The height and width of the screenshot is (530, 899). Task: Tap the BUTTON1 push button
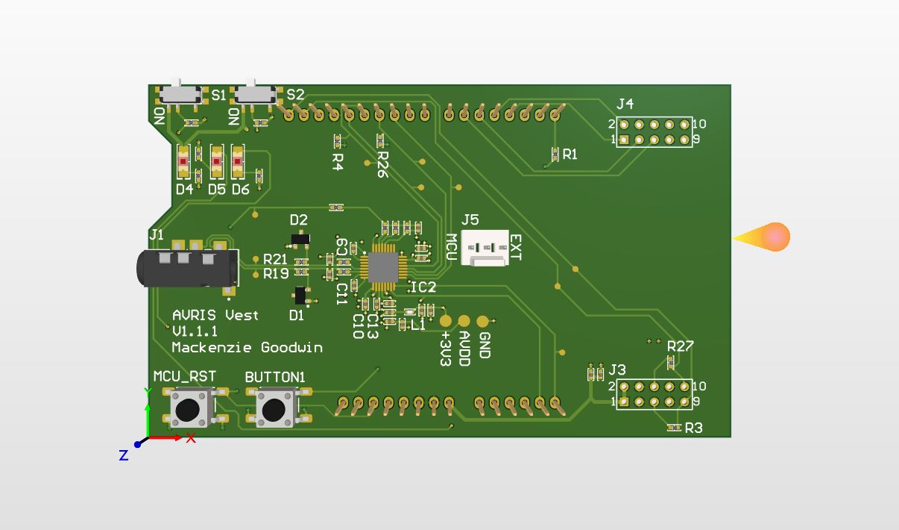pos(274,409)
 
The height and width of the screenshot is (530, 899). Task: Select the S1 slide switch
pos(179,95)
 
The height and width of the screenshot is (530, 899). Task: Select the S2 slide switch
pos(253,95)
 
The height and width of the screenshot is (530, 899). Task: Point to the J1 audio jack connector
pos(186,267)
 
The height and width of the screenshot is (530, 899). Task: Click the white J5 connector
pos(485,248)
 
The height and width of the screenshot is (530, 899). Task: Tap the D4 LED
pos(183,161)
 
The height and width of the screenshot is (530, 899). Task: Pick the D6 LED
pos(238,161)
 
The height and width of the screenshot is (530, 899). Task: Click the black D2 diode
pos(300,238)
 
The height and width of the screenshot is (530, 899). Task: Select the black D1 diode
pos(300,295)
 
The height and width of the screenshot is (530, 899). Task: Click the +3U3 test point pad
pos(446,321)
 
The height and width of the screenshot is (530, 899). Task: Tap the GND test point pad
pos(482,321)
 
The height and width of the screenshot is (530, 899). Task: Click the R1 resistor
pos(555,155)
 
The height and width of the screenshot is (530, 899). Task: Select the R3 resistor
pos(674,428)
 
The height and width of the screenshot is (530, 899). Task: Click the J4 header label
pos(625,104)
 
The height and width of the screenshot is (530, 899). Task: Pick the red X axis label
pos(191,438)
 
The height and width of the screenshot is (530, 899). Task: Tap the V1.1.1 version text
pos(195,331)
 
